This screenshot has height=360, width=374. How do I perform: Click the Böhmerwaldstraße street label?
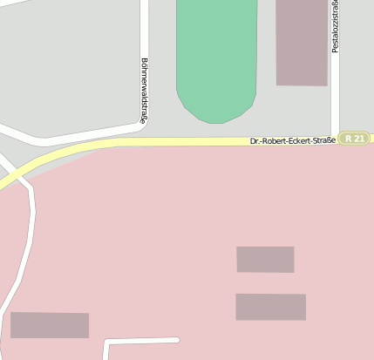143,91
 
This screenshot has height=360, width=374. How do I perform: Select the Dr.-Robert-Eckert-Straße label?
292,139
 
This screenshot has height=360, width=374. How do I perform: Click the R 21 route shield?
355,139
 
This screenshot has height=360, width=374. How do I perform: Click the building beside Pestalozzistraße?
302,42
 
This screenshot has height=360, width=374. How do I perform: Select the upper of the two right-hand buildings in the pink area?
265,259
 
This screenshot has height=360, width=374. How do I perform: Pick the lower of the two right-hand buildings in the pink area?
270,307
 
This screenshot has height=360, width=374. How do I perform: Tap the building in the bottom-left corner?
50,325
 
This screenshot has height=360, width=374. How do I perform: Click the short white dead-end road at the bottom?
139,340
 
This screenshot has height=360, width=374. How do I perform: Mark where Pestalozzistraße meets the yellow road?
335,138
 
